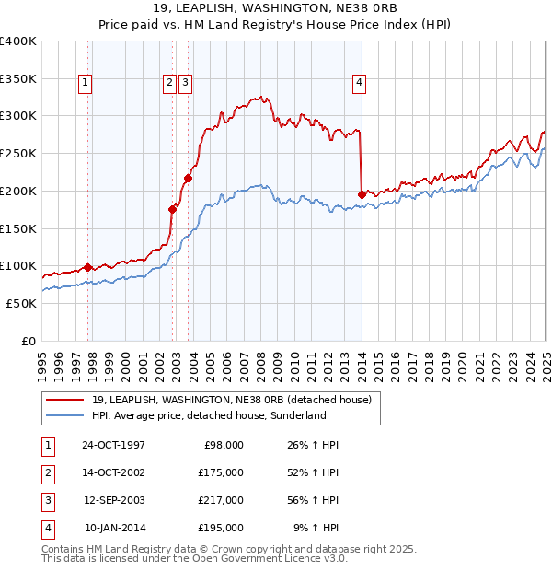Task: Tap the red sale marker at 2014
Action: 362,194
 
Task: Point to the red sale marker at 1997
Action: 88,267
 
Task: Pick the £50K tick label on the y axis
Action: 21,303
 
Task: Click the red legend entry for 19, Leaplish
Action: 231,400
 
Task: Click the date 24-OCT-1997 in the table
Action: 114,445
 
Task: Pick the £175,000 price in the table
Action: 221,472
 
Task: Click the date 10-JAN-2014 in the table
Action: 114,528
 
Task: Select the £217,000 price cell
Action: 221,500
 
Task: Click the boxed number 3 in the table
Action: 47,500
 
